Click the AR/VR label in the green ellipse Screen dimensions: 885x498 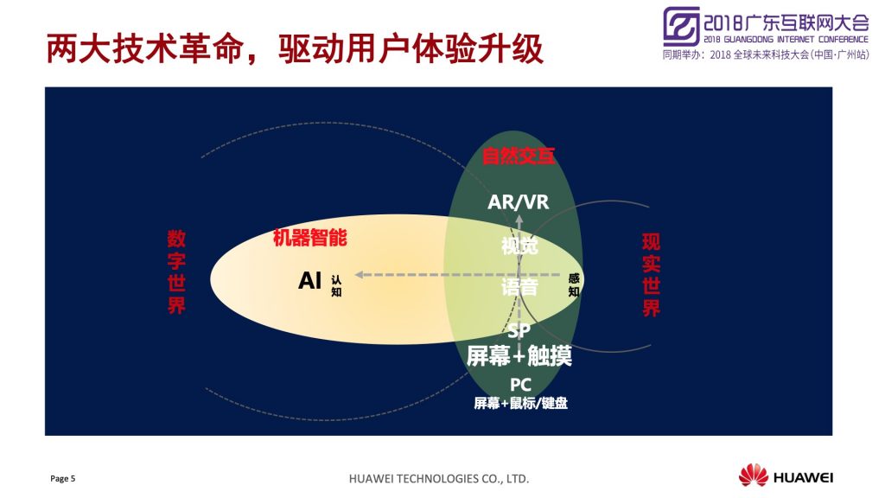[519, 201]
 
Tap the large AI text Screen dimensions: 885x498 [310, 280]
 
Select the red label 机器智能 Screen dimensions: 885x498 [310, 238]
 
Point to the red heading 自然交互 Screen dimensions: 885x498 [519, 156]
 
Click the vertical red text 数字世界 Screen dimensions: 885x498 [176, 271]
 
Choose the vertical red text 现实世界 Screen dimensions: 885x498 [651, 274]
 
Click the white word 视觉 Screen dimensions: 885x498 [519, 246]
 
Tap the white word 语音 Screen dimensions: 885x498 [519, 287]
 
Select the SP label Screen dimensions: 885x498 [519, 330]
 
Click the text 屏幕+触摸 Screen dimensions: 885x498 [519, 355]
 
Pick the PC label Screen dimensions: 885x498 [520, 385]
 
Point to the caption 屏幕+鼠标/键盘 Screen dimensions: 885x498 [520, 403]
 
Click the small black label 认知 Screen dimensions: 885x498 [336, 285]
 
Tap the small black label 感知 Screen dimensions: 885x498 [574, 284]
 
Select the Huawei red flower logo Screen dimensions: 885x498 [754, 475]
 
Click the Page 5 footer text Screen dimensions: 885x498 [62, 479]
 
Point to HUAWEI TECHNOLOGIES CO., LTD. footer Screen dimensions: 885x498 [439, 479]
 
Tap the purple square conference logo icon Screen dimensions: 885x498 [681, 26]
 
